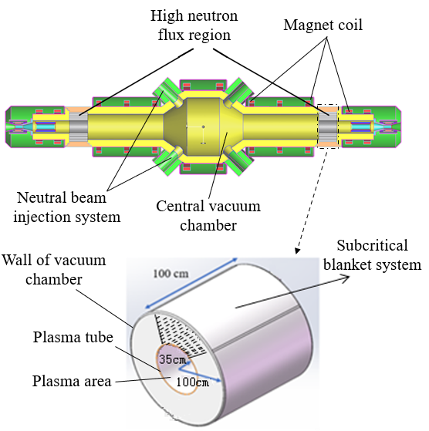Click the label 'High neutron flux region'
(194, 25)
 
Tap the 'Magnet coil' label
(323, 25)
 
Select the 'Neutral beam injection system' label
(67, 207)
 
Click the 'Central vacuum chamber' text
(208, 216)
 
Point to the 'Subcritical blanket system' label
(372, 255)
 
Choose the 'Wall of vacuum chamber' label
(54, 270)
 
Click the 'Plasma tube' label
(73, 337)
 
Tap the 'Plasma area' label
(72, 381)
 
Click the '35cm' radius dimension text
(173, 359)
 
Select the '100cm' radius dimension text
(192, 382)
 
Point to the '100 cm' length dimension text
(171, 274)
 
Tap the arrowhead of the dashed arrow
(297, 251)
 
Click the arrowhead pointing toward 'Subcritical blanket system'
(346, 279)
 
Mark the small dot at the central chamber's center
(203, 126)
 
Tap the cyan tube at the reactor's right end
(360, 126)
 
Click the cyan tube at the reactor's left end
(46, 126)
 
